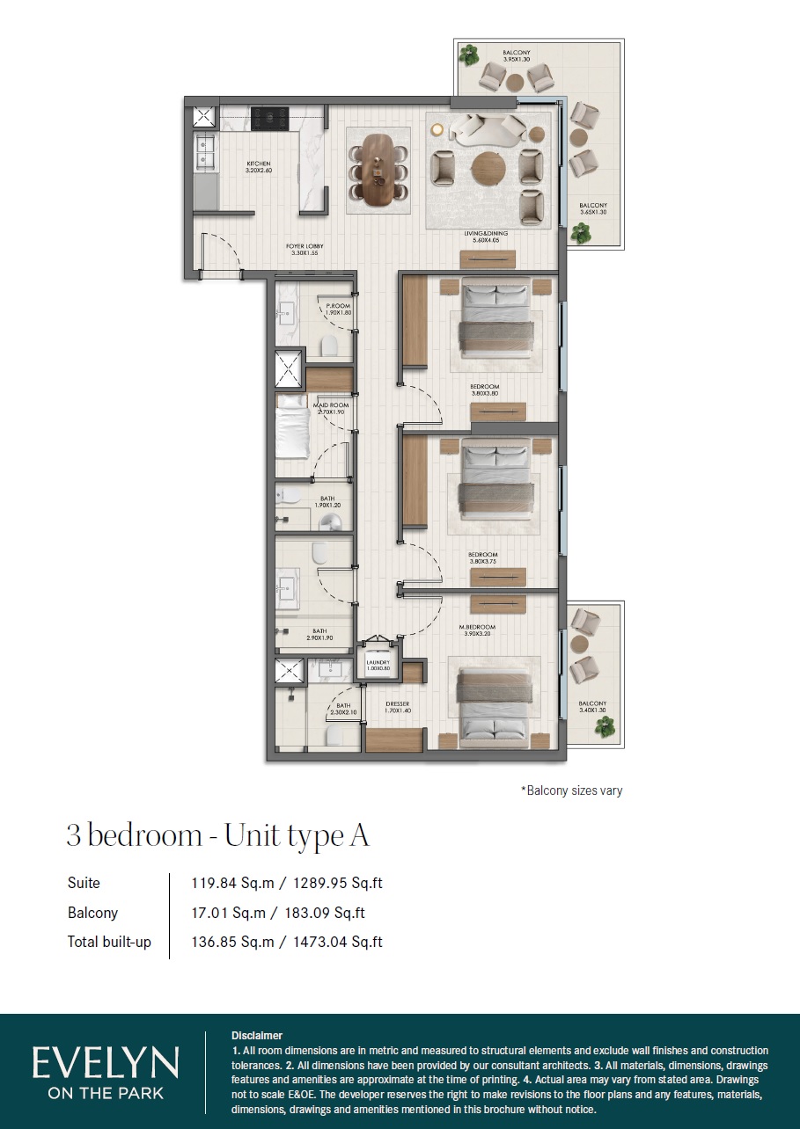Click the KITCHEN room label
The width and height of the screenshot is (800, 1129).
[x=259, y=167]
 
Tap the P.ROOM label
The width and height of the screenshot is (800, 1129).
[x=339, y=309]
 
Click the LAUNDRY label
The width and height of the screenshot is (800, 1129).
[x=378, y=666]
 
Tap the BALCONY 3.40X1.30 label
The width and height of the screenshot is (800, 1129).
[x=592, y=707]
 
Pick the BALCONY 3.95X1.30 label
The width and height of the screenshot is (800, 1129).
[x=517, y=56]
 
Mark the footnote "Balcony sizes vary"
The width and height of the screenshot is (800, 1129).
[x=571, y=790]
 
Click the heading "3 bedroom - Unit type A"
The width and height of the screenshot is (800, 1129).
[x=217, y=835]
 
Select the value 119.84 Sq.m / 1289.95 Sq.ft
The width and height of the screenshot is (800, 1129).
[x=287, y=883]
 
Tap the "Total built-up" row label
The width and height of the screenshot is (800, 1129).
[x=109, y=942]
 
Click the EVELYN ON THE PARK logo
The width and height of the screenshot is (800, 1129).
[x=106, y=1072]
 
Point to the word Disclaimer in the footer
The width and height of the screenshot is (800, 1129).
[x=257, y=1036]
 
